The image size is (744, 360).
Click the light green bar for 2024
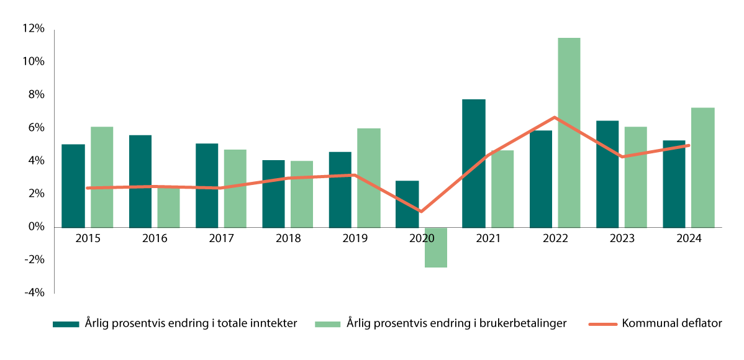(702, 168)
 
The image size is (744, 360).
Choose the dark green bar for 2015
(73, 186)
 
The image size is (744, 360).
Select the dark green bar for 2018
(273, 194)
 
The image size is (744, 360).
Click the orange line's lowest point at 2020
(422, 212)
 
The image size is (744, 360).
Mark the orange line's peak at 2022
(555, 117)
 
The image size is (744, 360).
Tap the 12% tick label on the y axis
(33, 29)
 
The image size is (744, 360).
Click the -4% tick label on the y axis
(33, 293)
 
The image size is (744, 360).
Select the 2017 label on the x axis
(221, 239)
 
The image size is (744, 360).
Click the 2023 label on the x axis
(622, 239)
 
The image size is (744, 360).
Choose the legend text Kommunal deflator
(671, 323)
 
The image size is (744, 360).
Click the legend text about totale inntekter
(191, 323)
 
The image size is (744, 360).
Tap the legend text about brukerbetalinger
(456, 323)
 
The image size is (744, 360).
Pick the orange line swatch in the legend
(601, 323)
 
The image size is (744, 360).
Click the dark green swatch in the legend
(66, 323)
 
